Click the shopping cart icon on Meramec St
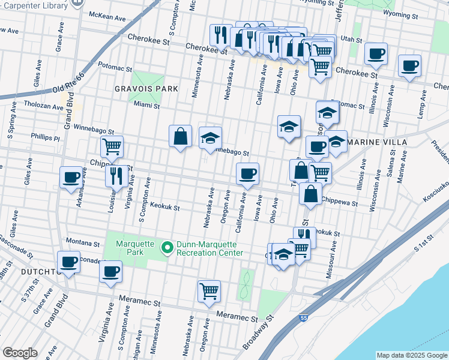tap(209, 292)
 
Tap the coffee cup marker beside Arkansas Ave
tap(71, 178)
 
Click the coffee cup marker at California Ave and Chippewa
tap(248, 174)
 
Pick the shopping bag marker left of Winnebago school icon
tap(180, 136)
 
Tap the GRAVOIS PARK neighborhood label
tap(146, 89)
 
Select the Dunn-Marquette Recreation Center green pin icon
tap(169, 245)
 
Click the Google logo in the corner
tap(20, 353)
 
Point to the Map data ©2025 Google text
tap(411, 355)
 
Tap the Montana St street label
tap(83, 244)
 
